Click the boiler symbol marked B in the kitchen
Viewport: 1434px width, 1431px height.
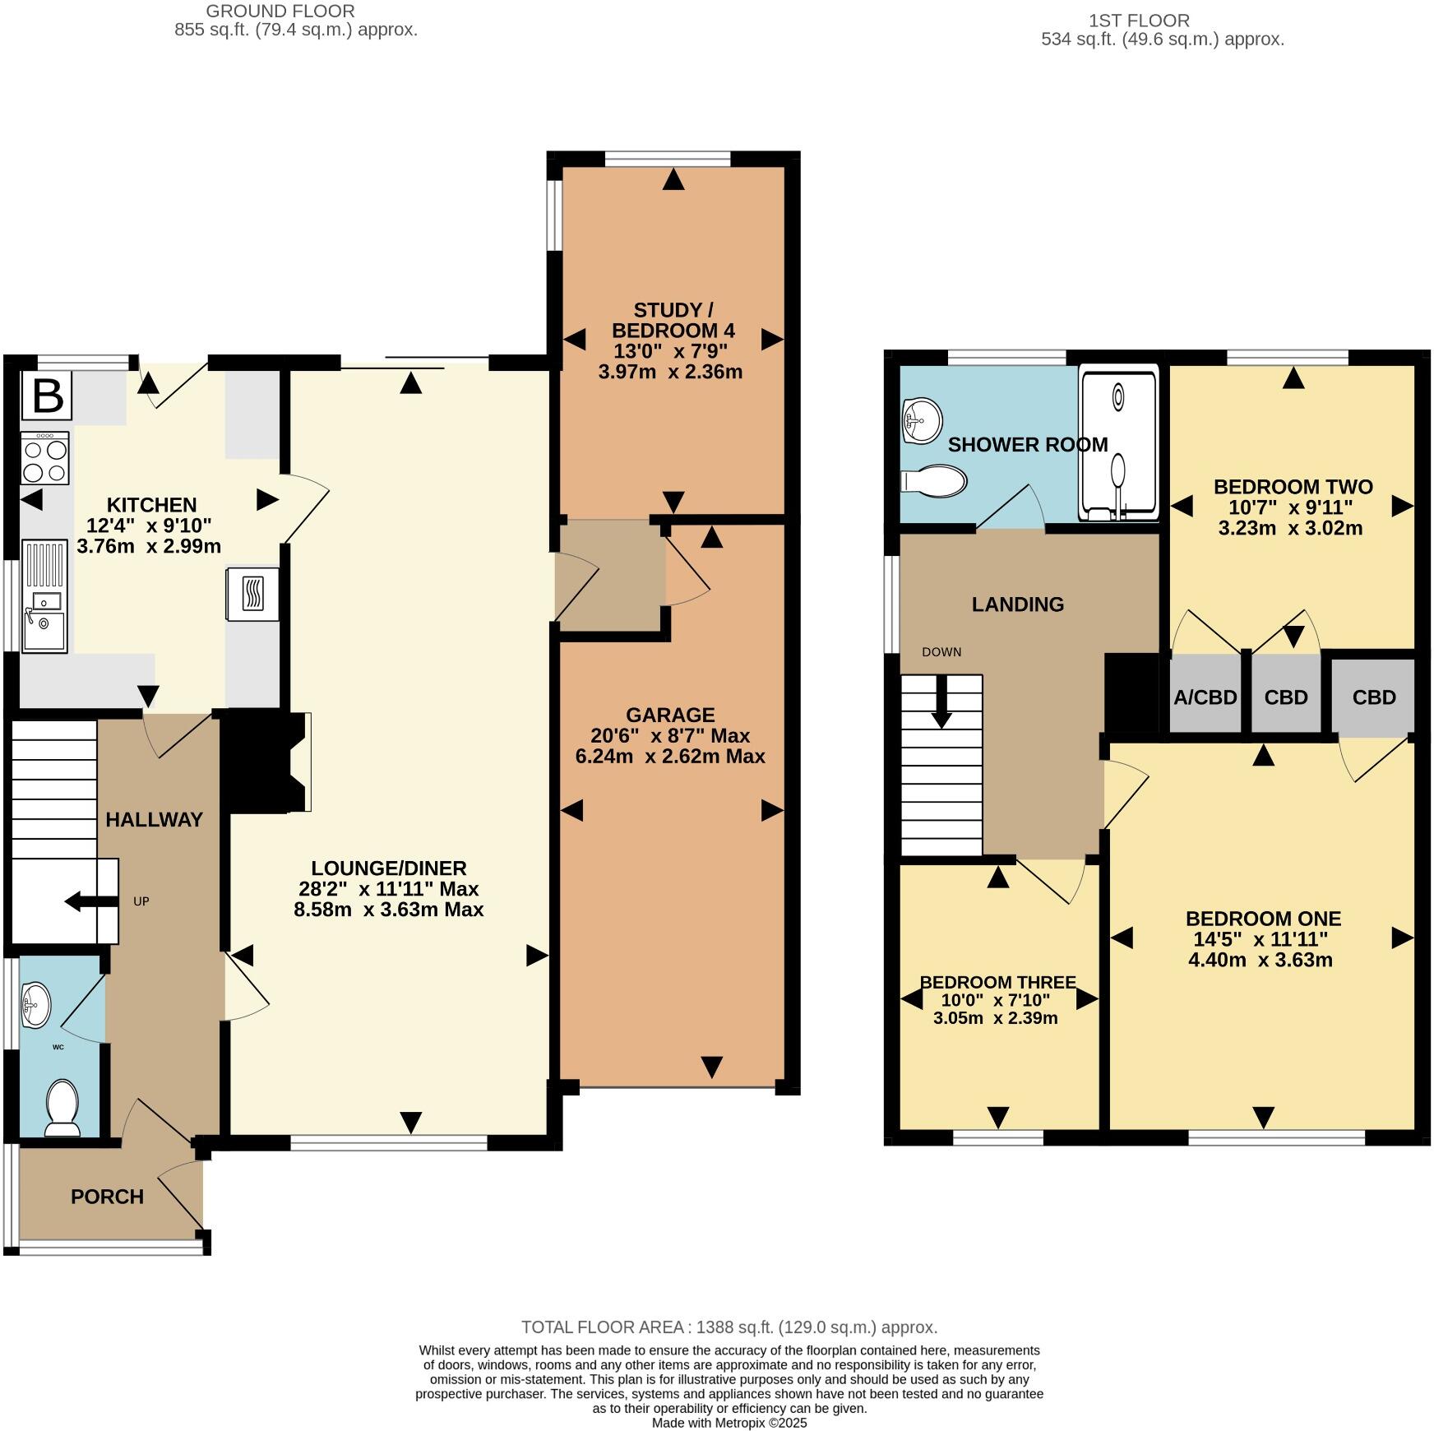point(47,396)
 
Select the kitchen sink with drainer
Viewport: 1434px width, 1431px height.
point(44,595)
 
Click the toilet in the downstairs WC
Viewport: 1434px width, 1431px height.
point(62,1107)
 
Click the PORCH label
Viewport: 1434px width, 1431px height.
point(107,1197)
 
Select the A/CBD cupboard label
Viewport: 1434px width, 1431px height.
point(1205,697)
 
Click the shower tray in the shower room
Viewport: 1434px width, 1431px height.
point(1118,444)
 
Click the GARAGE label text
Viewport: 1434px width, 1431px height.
point(670,715)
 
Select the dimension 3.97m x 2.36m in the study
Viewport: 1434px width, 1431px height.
point(670,372)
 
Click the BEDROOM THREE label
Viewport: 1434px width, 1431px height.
point(997,982)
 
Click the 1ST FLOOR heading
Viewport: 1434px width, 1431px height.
point(1138,21)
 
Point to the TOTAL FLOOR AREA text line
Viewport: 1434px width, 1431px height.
point(729,1327)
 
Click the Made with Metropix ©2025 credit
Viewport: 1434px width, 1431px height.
point(729,1422)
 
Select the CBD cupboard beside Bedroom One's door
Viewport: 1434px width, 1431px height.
point(1373,697)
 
